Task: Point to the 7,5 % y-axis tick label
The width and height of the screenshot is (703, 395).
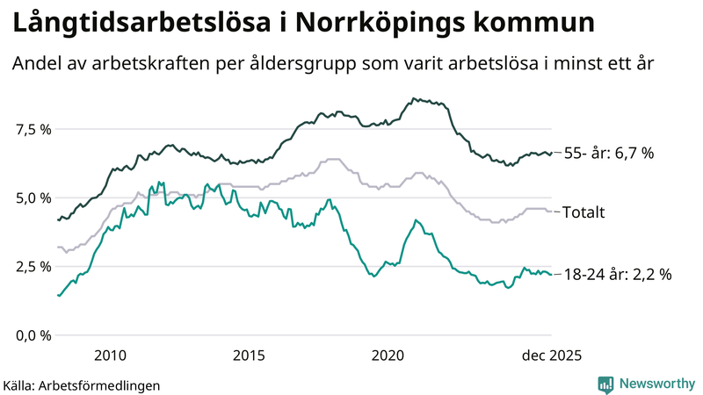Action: (x=33, y=129)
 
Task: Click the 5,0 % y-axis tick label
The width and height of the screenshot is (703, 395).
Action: (x=33, y=197)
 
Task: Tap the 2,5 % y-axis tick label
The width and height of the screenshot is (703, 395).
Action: (x=33, y=266)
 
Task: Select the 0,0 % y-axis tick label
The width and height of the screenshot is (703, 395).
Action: (x=33, y=334)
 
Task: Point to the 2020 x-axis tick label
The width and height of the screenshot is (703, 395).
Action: (x=388, y=355)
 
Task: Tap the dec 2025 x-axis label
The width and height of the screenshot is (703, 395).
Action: (x=551, y=355)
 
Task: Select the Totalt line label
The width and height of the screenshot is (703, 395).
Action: (x=583, y=212)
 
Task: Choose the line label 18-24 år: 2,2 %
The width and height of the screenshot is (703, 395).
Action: (x=617, y=275)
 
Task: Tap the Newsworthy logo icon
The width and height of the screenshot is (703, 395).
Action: (x=605, y=384)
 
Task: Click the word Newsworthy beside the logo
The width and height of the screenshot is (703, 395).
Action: (x=656, y=384)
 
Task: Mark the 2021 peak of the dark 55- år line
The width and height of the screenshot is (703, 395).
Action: (x=414, y=99)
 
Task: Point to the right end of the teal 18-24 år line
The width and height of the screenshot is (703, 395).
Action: (x=551, y=275)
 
